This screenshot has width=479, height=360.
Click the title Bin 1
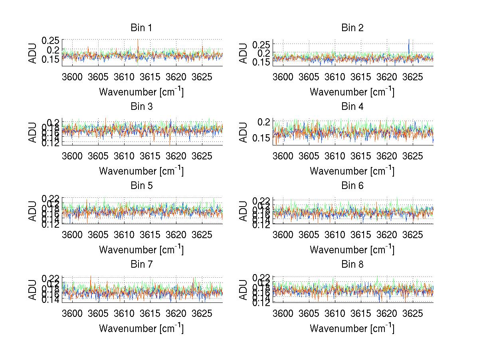click(x=141, y=28)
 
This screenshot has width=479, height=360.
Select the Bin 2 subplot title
click(x=352, y=28)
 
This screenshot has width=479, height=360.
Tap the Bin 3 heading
click(x=141, y=107)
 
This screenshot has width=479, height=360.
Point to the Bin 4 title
click(x=352, y=107)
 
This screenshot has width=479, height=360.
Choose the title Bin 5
click(x=141, y=186)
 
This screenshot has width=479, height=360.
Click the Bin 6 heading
click(x=352, y=186)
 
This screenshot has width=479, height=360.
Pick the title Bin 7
click(x=141, y=265)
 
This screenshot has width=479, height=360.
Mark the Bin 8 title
click(x=352, y=265)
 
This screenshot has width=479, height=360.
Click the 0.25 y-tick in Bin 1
click(x=50, y=40)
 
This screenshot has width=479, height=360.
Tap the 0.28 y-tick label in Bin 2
click(x=261, y=44)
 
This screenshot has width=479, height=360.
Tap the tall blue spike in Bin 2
click(x=409, y=42)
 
